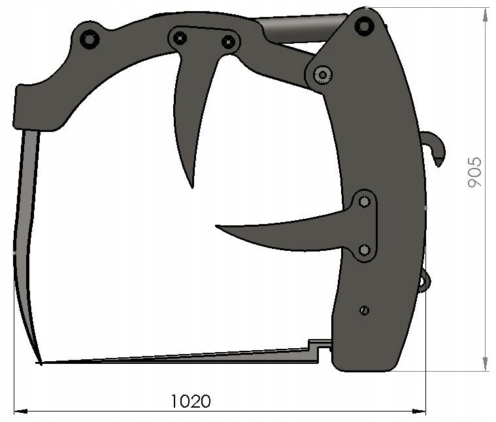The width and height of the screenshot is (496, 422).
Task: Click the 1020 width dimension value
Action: [191, 400]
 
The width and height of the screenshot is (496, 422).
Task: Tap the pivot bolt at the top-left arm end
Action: [89, 39]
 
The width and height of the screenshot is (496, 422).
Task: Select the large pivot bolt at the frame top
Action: [364, 26]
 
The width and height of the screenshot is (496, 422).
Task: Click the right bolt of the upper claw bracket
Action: [228, 42]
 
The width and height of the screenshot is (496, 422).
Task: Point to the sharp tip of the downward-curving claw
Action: [192, 187]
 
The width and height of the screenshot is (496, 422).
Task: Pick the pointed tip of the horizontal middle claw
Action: [218, 227]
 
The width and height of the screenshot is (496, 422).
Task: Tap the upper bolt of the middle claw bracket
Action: [364, 202]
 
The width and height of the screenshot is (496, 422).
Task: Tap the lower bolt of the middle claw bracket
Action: [365, 250]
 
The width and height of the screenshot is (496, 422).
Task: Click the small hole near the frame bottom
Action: [364, 310]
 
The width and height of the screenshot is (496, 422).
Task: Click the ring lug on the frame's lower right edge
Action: [424, 280]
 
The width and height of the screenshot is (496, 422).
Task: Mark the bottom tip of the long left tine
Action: [41, 363]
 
